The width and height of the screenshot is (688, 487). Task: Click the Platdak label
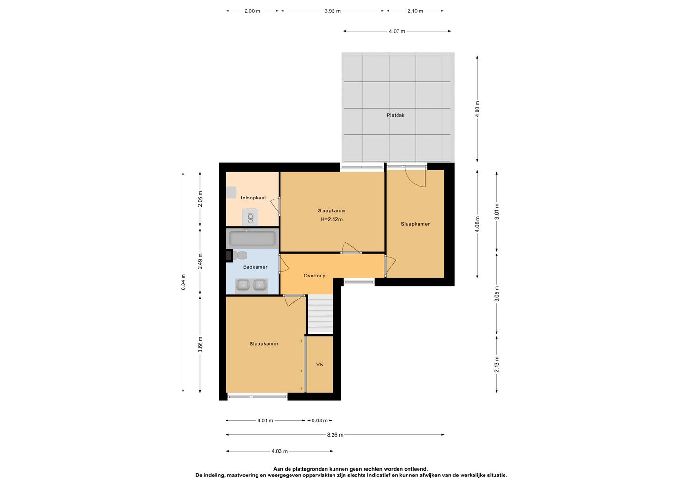click(395, 115)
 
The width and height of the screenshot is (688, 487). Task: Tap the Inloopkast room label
click(253, 198)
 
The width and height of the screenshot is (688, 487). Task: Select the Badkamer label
click(255, 267)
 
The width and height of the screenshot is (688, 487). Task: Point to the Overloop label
click(314, 276)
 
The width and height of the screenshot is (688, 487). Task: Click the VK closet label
click(320, 365)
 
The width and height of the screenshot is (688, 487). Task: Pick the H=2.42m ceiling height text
click(332, 219)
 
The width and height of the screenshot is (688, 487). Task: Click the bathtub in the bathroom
click(252, 239)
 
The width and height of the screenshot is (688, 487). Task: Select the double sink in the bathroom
click(251, 286)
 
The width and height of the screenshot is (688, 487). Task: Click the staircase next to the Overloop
click(320, 314)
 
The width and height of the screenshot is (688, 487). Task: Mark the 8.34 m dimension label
click(183, 282)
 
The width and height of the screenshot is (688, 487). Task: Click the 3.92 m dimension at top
click(333, 11)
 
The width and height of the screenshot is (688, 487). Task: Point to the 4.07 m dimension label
click(397, 31)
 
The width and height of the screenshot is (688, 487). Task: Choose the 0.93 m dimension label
click(320, 421)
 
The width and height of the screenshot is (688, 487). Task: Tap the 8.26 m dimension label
click(335, 435)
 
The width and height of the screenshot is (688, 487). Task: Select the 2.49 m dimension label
click(200, 261)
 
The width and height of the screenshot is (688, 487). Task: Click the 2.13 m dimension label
click(497, 365)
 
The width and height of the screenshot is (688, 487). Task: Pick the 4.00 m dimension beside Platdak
click(477, 109)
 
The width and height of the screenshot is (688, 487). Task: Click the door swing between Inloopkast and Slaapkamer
click(276, 207)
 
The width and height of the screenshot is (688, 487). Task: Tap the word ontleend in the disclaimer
click(417, 469)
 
